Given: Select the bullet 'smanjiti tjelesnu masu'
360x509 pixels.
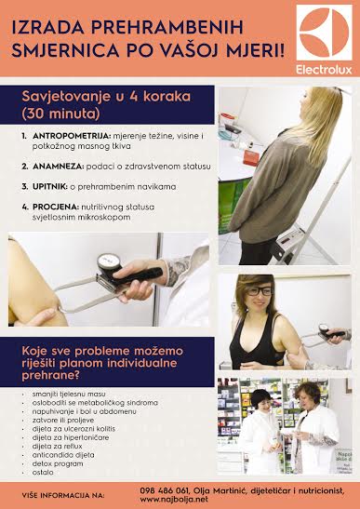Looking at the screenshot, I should [64, 395].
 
